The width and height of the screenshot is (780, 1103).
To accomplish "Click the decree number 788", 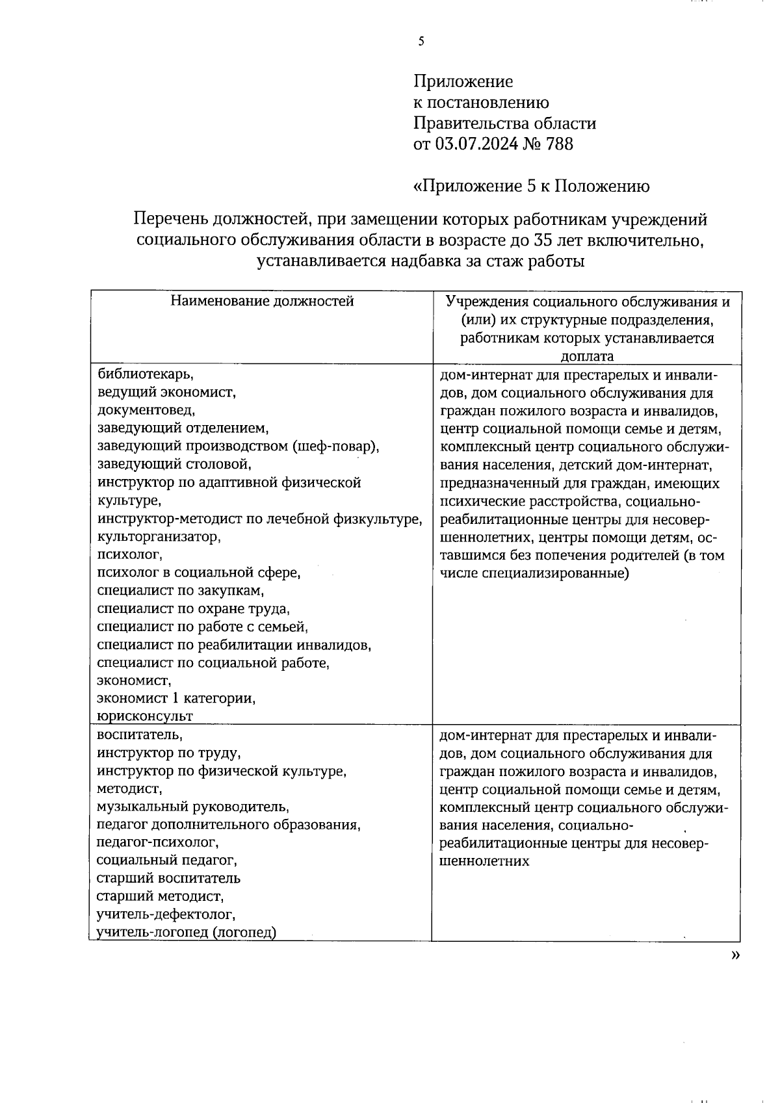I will [560, 144].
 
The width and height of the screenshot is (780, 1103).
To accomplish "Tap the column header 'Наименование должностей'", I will [262, 301].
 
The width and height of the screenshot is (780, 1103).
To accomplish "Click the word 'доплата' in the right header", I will [587, 356].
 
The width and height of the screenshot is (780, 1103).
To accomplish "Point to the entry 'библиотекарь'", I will [145, 374].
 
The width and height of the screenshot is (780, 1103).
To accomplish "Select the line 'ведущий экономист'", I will [166, 392].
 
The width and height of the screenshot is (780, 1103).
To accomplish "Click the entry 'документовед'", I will [146, 410].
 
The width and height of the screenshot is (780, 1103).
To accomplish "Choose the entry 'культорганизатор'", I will [159, 537].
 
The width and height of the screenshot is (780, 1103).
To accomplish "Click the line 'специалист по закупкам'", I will [180, 591].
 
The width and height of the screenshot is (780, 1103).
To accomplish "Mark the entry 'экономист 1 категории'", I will [176, 699].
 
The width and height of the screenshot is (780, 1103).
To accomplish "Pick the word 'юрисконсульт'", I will [145, 716].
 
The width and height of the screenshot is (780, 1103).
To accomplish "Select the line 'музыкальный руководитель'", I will [192, 807].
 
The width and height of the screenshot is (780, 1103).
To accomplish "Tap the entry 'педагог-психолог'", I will [157, 842].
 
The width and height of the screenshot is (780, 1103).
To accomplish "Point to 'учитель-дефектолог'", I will [165, 915].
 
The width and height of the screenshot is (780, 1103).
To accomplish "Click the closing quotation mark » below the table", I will [735, 955].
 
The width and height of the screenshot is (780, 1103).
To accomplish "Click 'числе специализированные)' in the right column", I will [534, 574].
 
